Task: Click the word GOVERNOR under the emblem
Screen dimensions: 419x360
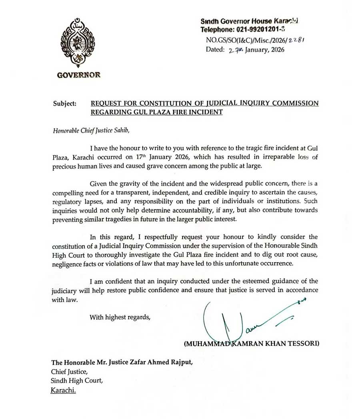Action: click(78, 75)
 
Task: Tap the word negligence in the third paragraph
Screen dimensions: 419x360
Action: click(66, 264)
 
